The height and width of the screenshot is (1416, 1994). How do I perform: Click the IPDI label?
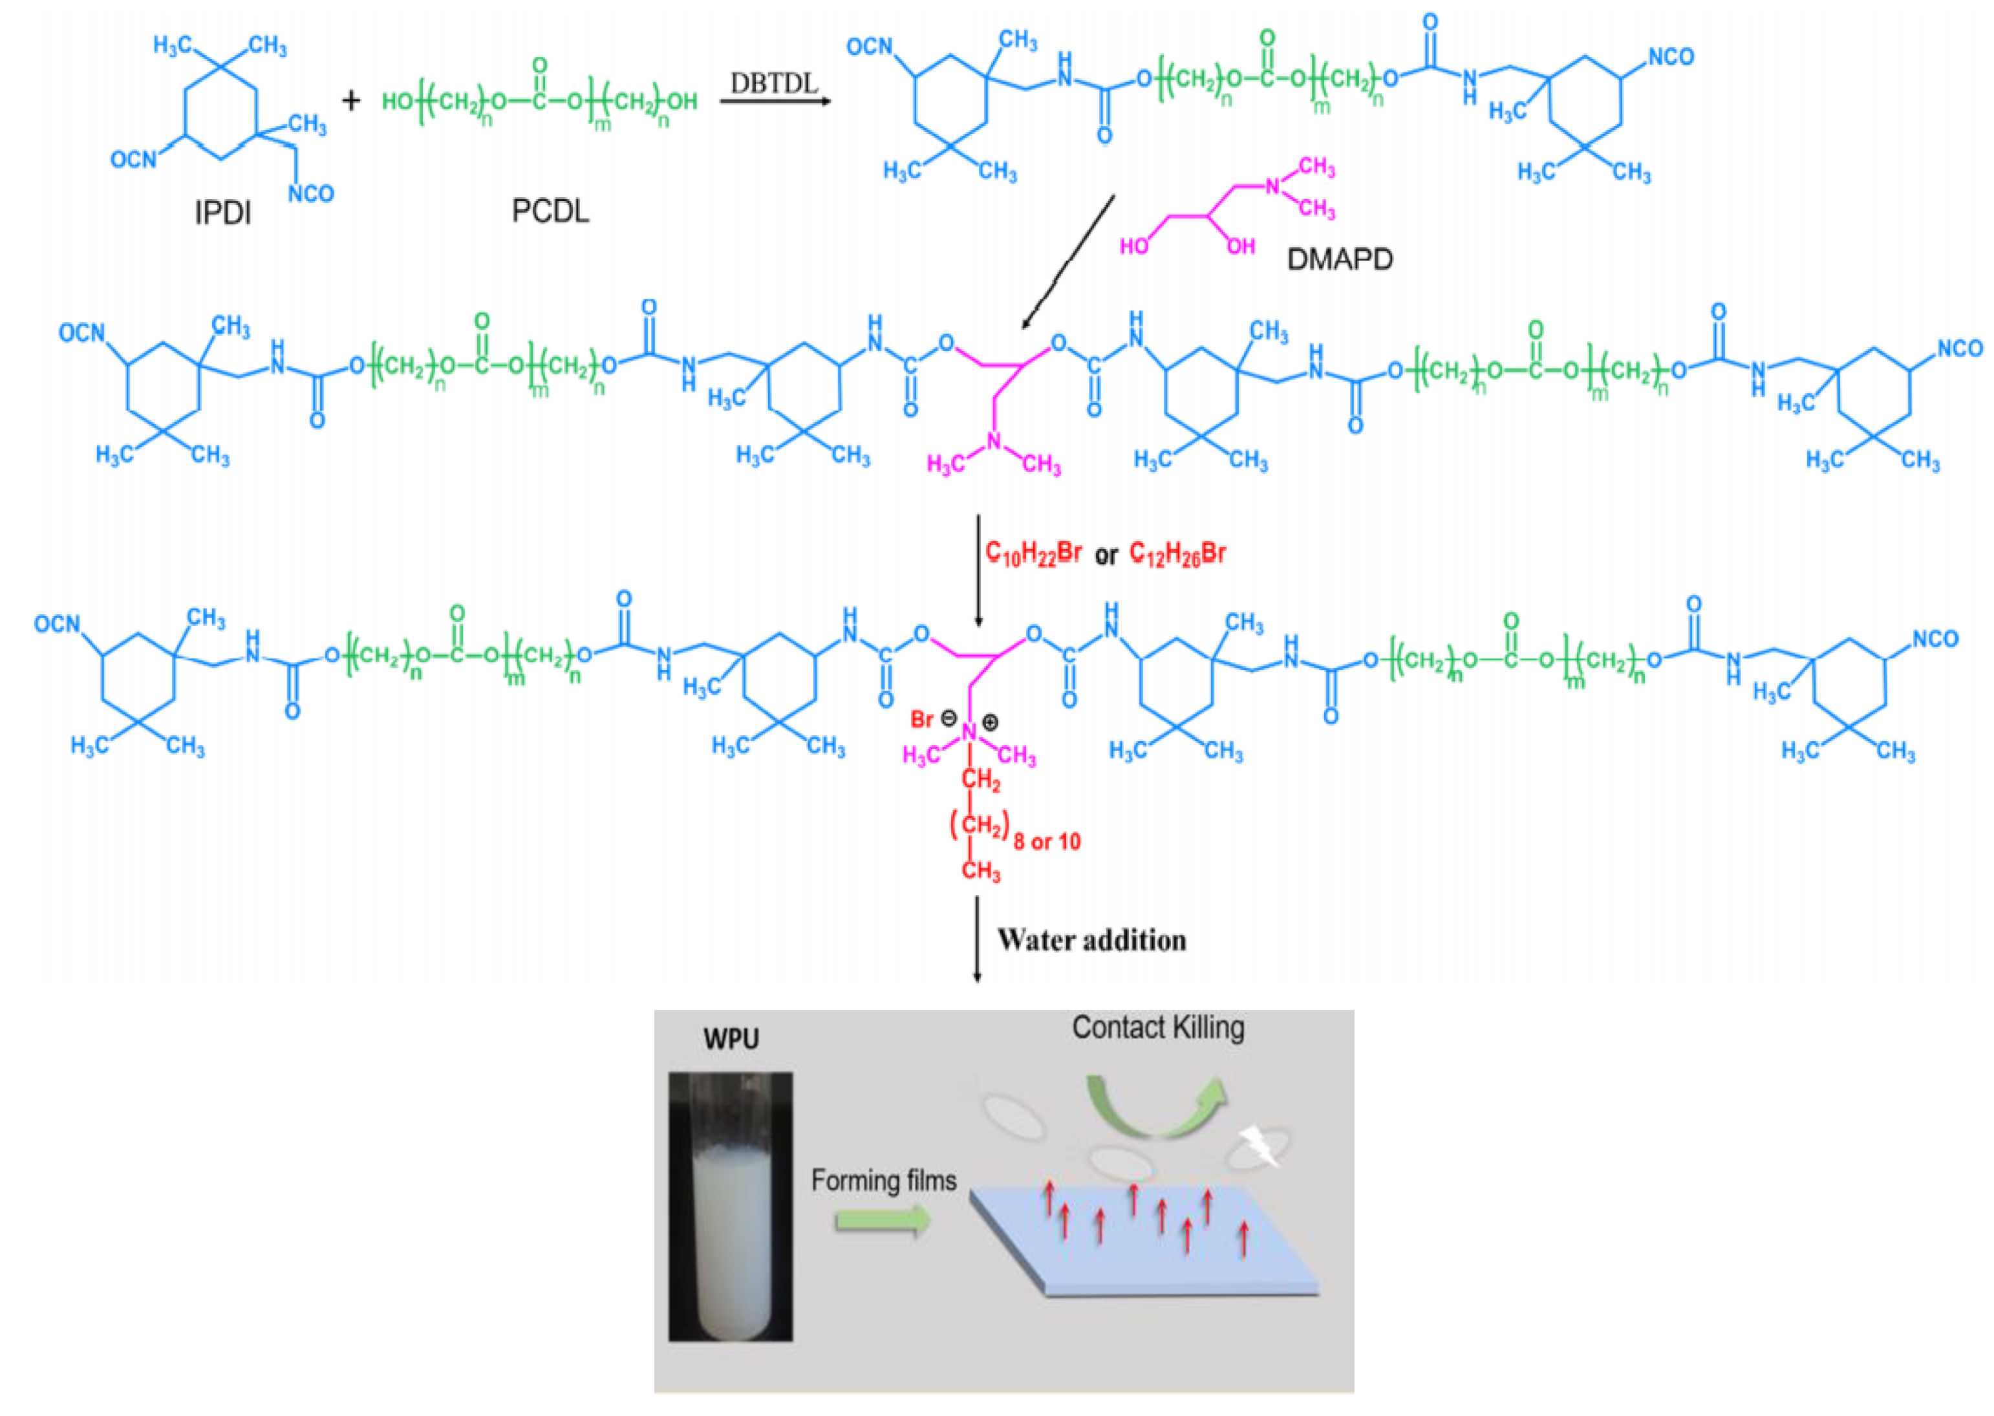222,212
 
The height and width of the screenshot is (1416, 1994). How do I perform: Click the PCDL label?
550,211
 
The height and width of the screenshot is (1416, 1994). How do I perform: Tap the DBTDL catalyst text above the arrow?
774,83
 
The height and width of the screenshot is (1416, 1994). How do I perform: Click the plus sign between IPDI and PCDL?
351,101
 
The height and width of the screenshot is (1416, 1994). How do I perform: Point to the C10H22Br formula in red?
1033,553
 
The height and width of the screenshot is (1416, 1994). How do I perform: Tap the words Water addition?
1091,940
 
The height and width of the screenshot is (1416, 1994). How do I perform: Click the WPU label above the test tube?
731,1039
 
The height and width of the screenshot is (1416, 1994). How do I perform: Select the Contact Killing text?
1158,1028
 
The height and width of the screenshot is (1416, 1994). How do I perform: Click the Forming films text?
883,1181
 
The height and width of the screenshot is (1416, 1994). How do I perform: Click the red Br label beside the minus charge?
921,720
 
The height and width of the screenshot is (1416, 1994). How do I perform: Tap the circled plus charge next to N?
991,722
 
